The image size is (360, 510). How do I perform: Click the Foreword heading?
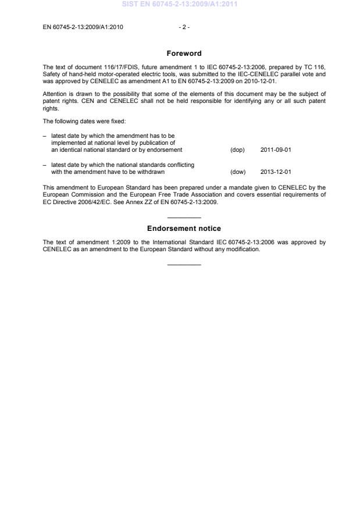pyautogui.click(x=184, y=54)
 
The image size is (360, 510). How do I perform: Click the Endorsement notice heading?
pyautogui.click(x=184, y=229)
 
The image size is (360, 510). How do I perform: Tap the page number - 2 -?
pyautogui.click(x=184, y=27)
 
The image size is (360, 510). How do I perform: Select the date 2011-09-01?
pyautogui.click(x=276, y=149)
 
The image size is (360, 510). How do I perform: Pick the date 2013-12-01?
pyautogui.click(x=276, y=172)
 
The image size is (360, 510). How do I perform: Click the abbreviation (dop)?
pyautogui.click(x=237, y=149)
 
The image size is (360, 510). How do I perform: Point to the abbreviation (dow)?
pyautogui.click(x=238, y=172)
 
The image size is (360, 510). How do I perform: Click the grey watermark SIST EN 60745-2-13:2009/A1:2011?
pyautogui.click(x=180, y=5)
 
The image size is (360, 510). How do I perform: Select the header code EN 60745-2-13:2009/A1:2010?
pyautogui.click(x=83, y=27)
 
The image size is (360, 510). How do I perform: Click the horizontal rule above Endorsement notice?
pyautogui.click(x=184, y=217)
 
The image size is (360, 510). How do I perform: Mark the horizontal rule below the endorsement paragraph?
pyautogui.click(x=184, y=265)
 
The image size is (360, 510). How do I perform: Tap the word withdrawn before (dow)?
pyautogui.click(x=150, y=172)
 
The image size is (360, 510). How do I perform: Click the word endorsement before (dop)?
pyautogui.click(x=165, y=149)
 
